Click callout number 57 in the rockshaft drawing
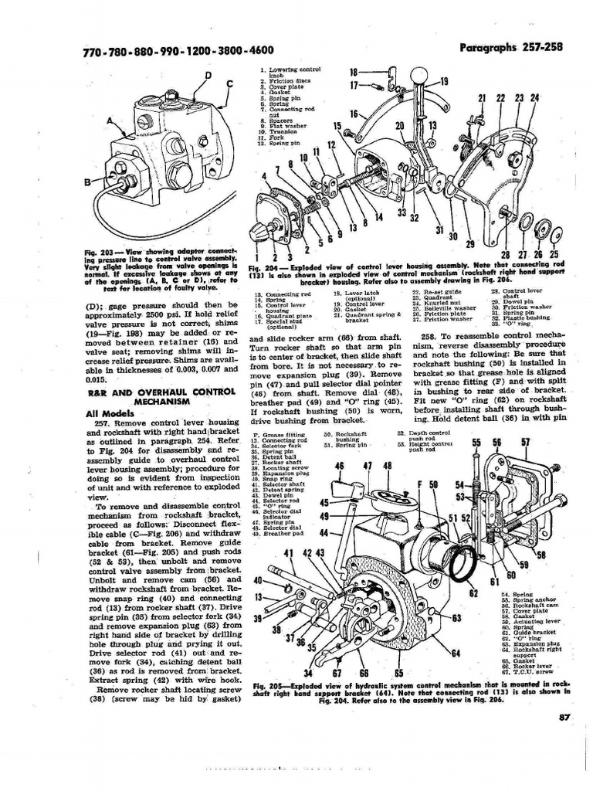coord(526,442)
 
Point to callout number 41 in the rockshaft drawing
coord(290,553)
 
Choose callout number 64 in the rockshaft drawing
coord(456,653)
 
